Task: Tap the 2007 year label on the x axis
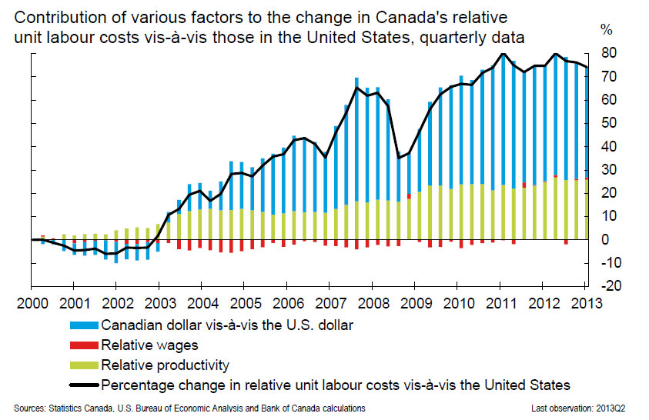[x=333, y=302]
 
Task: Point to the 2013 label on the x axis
[x=590, y=302]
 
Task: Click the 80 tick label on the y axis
[x=608, y=53]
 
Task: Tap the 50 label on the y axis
[x=608, y=123]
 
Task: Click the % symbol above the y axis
[x=607, y=30]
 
